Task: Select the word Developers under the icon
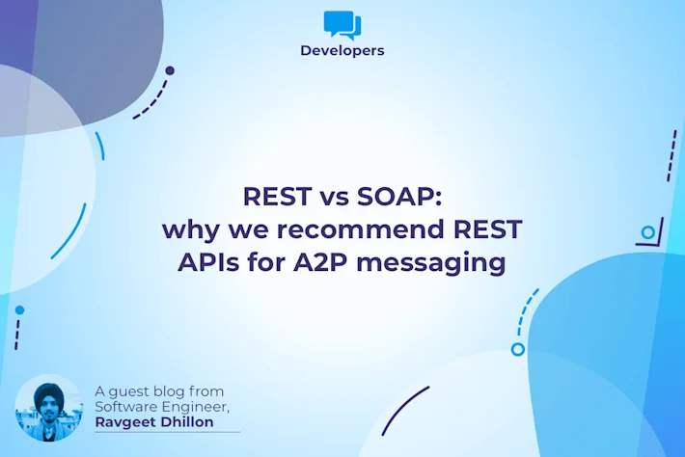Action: pos(342,50)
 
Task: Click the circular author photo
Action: pos(48,408)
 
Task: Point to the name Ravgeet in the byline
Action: pos(127,421)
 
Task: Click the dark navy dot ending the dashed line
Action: pos(170,70)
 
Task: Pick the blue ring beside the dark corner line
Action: pos(648,232)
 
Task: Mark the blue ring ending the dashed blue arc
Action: pos(517,349)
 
